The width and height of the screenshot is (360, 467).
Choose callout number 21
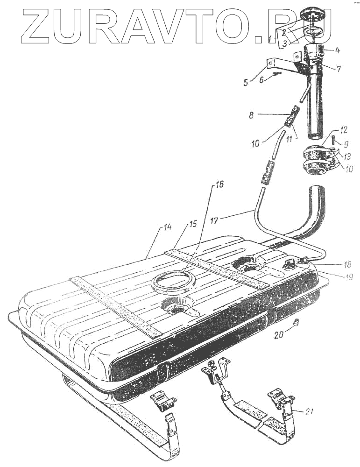[x=309, y=411]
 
